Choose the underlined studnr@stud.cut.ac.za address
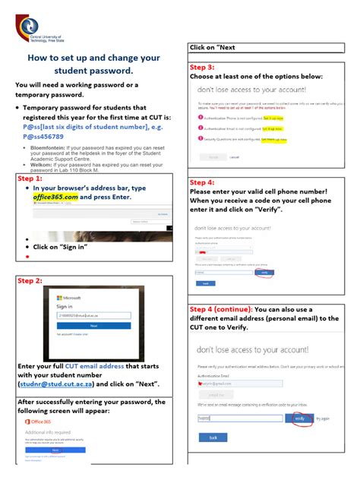tap(52, 384)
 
